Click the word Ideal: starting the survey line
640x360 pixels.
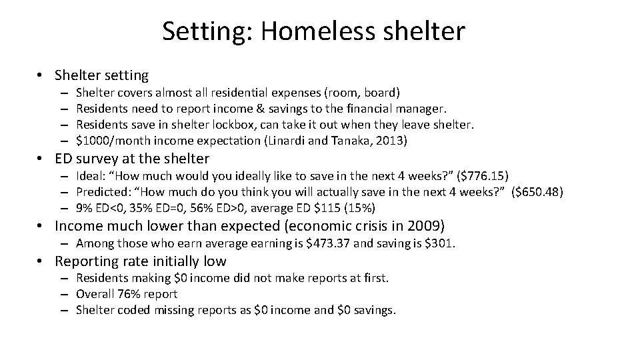coord(92,176)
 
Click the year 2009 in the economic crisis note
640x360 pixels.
coord(421,226)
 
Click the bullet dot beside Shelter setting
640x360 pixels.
coord(41,76)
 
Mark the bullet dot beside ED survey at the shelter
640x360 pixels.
coord(41,159)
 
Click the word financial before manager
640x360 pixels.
coord(372,108)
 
